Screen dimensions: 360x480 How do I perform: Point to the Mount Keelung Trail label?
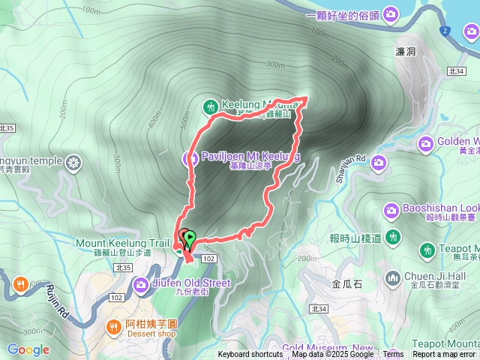(122, 243)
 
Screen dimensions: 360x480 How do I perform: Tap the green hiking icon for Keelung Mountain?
(211, 106)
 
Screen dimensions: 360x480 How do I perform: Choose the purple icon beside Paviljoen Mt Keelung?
(190, 157)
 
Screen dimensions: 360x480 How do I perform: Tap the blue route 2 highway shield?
(445, 30)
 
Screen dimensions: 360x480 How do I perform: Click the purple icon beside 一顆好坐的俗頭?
(391, 14)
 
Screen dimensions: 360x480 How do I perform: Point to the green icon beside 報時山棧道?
(394, 238)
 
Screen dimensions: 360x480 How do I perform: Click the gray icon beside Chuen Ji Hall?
(393, 279)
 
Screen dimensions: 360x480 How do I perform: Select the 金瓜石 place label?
(346, 284)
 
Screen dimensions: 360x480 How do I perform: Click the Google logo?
(28, 349)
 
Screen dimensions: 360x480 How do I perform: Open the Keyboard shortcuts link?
(250, 355)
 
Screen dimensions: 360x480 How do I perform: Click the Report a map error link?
(444, 355)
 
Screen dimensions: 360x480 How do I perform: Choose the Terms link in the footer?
(393, 355)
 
